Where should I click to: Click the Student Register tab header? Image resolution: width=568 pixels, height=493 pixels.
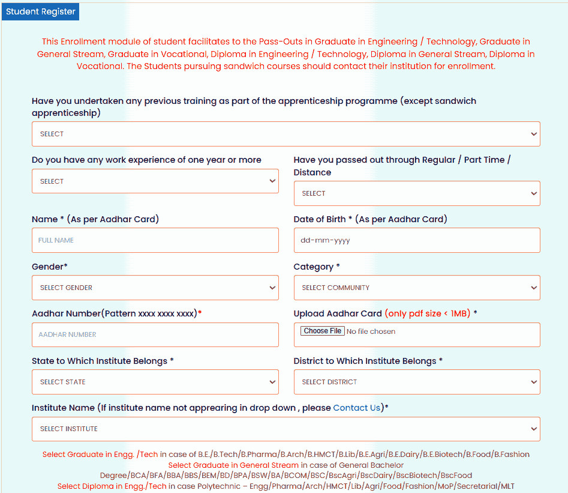point(41,12)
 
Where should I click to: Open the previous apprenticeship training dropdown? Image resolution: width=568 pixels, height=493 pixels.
point(285,134)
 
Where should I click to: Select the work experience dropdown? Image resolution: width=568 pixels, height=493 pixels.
point(155,181)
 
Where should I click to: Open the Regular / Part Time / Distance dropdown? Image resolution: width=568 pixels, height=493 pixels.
point(416,193)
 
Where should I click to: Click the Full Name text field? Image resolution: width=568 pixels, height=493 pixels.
point(155,240)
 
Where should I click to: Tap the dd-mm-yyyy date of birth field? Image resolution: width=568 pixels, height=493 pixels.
point(416,240)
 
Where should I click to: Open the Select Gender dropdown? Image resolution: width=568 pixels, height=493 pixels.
point(155,288)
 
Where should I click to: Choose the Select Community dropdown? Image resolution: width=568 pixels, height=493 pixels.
point(416,288)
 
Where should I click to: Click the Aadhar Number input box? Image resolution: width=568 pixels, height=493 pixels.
point(155,334)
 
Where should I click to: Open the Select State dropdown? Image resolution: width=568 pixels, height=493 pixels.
point(155,382)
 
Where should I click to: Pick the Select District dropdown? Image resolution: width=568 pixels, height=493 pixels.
point(416,382)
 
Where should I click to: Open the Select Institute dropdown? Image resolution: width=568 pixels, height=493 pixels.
point(285,429)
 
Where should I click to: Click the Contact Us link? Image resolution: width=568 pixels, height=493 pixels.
point(357,408)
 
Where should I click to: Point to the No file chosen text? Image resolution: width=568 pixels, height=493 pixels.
point(371,331)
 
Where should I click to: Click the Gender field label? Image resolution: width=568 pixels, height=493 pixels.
point(49,267)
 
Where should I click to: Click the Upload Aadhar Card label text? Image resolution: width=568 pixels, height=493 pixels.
point(338,313)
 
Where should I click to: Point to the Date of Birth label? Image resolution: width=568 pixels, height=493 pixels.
point(320,219)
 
